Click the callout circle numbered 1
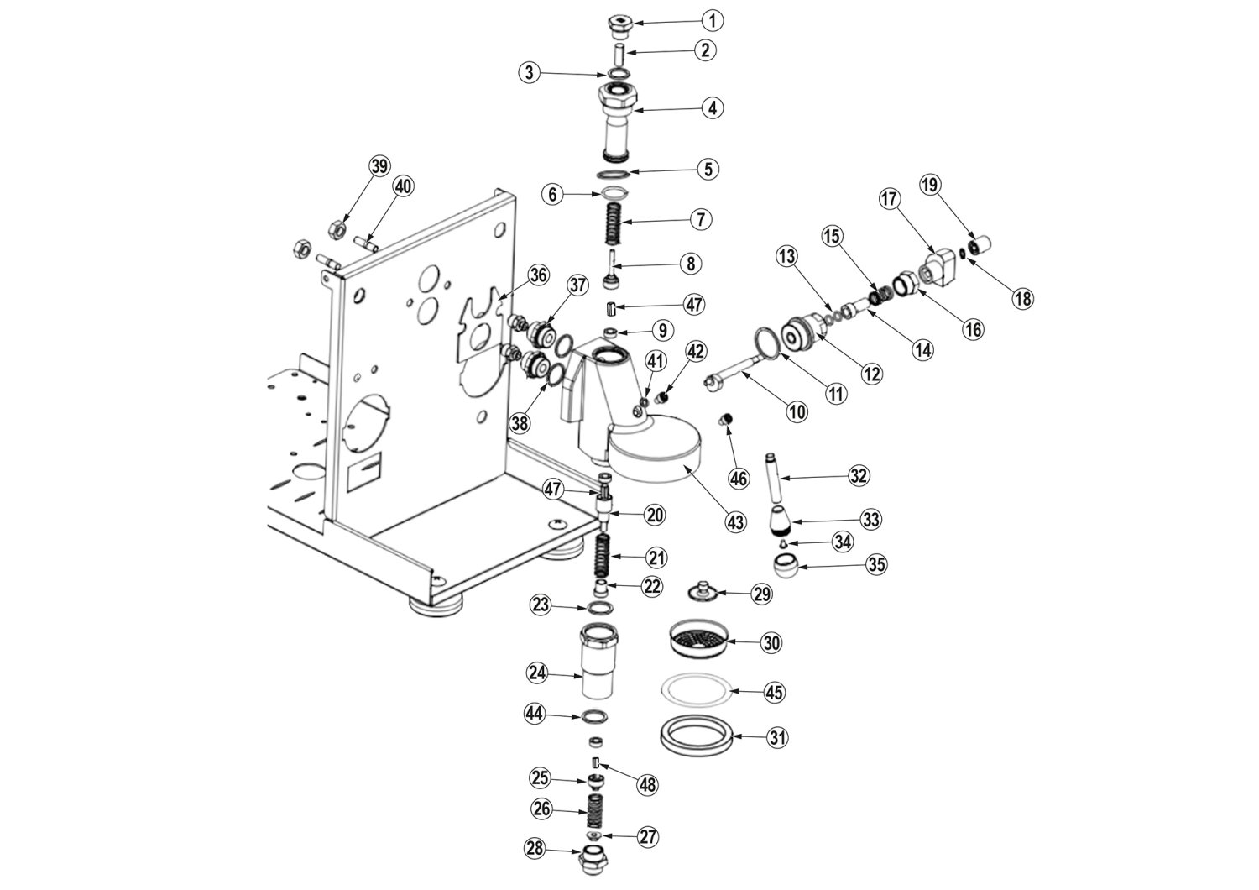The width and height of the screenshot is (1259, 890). point(712,21)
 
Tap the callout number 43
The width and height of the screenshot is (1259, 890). point(735,522)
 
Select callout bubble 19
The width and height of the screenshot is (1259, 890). point(930,185)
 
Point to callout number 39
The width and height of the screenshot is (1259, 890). point(379,166)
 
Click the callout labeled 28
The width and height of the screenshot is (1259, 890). point(535,848)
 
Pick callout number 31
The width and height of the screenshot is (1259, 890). point(777,737)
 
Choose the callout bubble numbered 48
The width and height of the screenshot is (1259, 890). point(647,785)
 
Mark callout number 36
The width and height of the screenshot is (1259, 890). point(539,275)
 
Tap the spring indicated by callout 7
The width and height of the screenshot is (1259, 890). point(614,224)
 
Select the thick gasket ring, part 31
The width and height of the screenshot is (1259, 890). point(697,738)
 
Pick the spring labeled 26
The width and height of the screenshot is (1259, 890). point(594,810)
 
